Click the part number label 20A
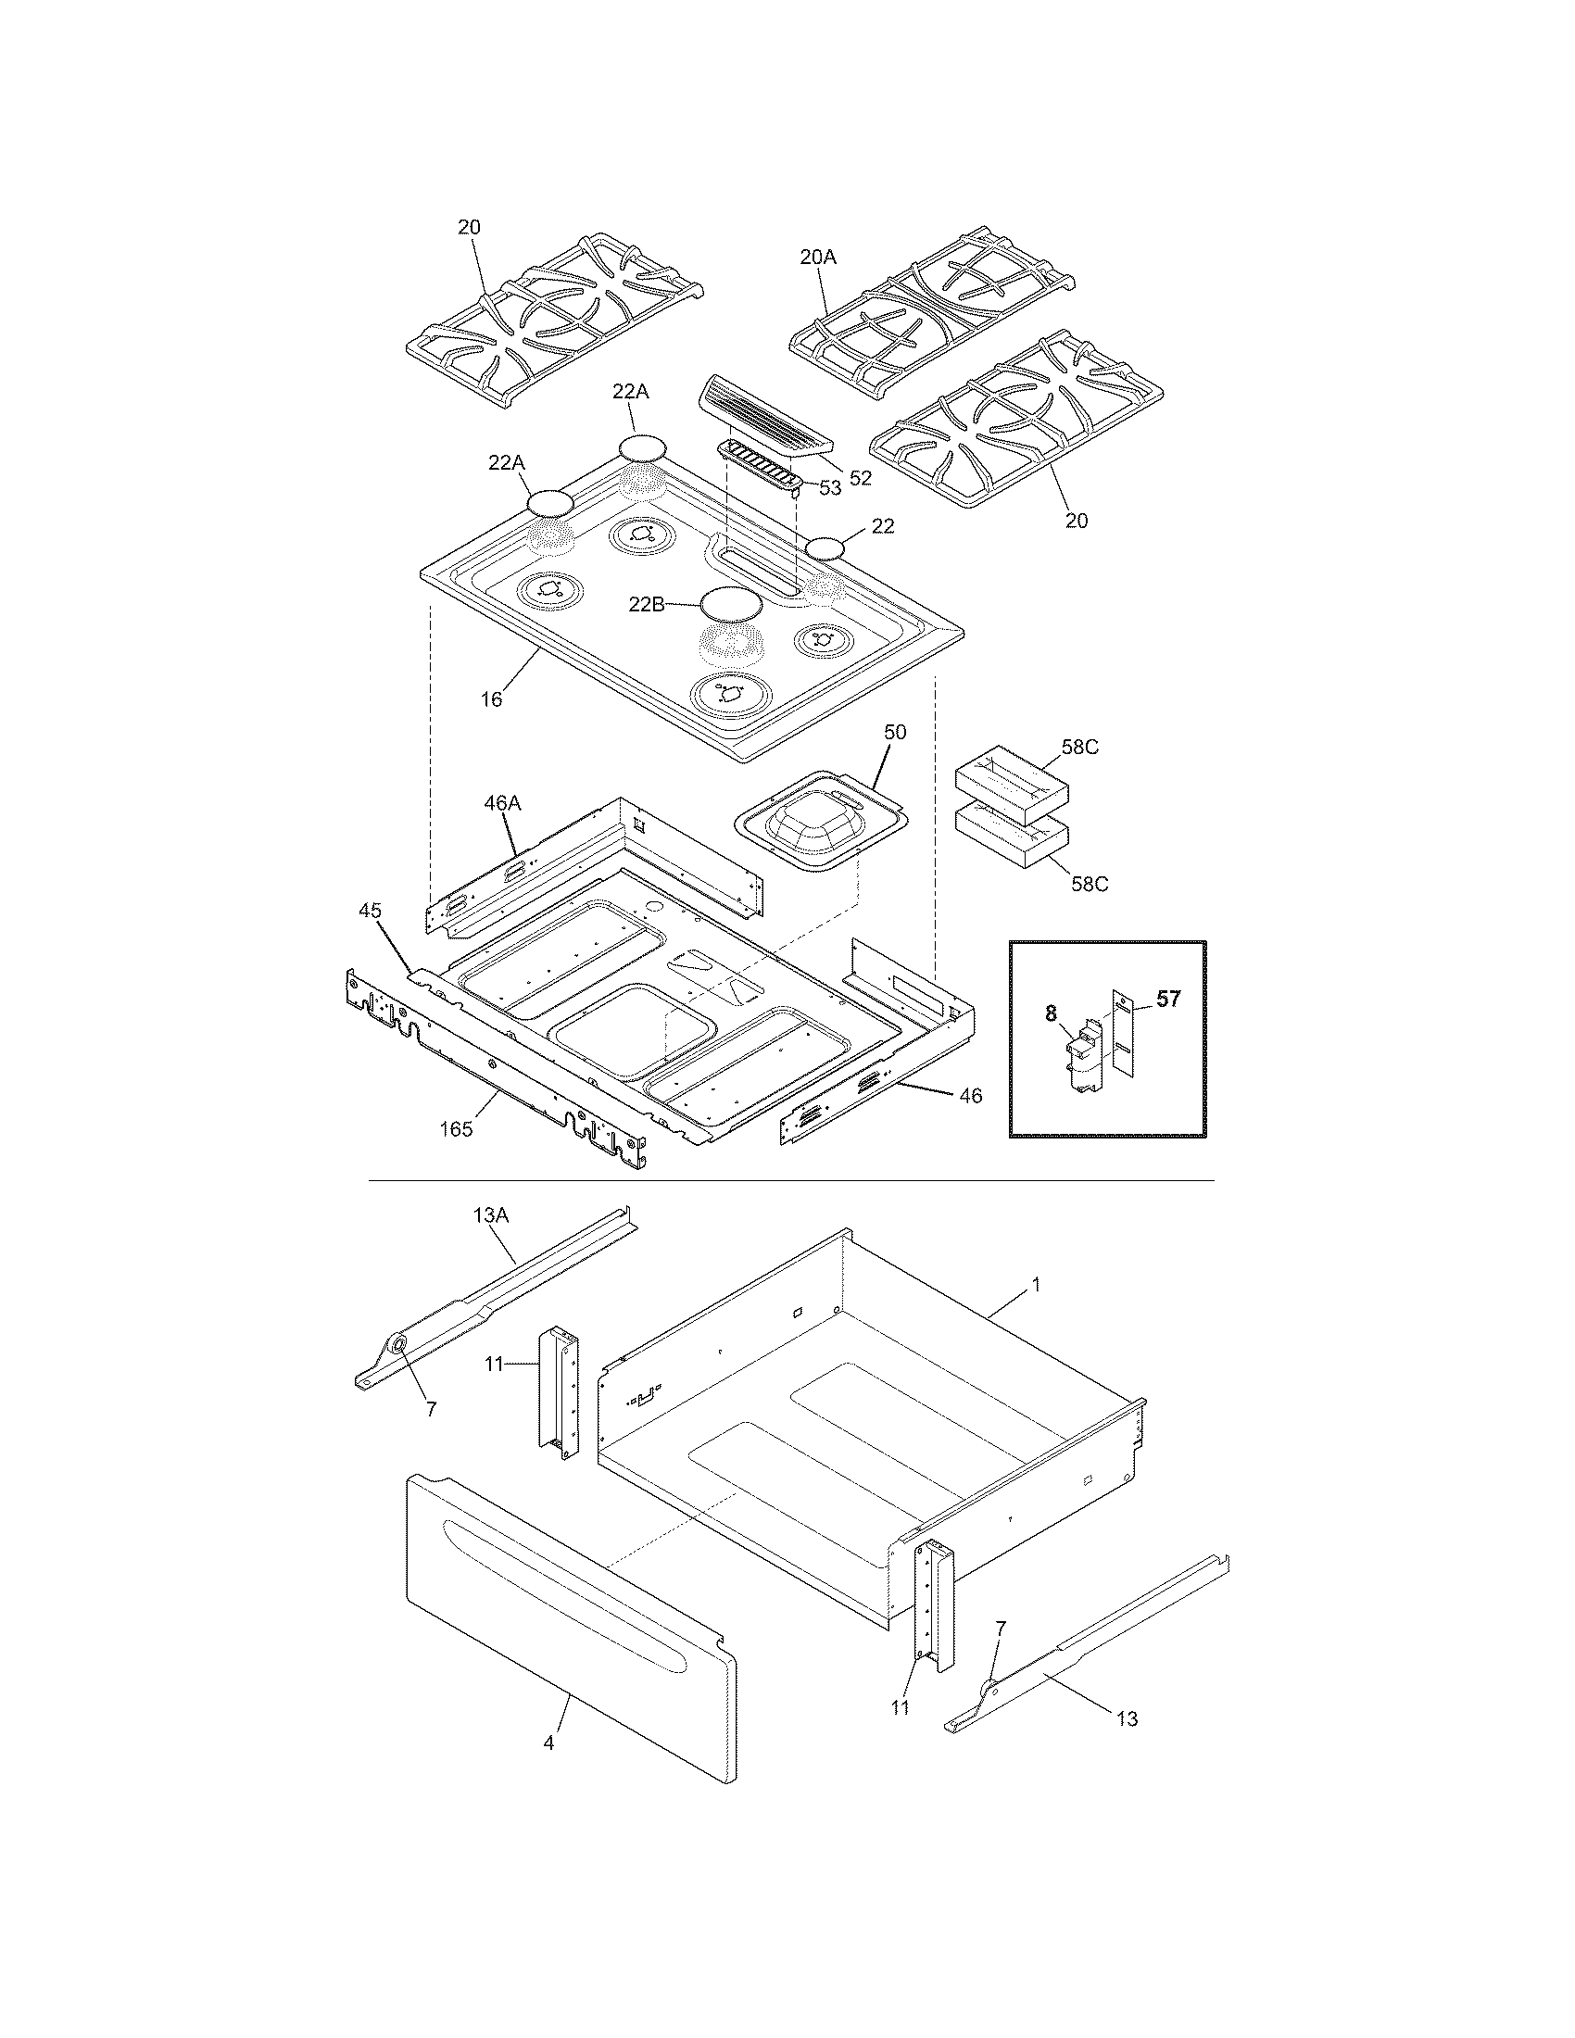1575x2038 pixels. pos(817,258)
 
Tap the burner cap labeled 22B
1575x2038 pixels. pos(731,604)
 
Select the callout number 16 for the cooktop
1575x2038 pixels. pos(491,698)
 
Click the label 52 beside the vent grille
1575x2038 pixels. pos(860,478)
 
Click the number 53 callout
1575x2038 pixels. pos(828,486)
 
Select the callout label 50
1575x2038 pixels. pos(894,733)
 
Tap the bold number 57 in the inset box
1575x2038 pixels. pos(1167,999)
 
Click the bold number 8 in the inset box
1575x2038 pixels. pos(1051,1011)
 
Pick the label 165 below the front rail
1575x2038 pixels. pos(456,1129)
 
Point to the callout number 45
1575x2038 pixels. pos(371,910)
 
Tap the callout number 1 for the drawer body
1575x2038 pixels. pos(1035,1285)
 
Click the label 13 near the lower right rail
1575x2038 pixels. pos(1127,1717)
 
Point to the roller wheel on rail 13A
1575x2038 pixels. pos(398,1345)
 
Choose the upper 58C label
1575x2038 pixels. pos(1079,748)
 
